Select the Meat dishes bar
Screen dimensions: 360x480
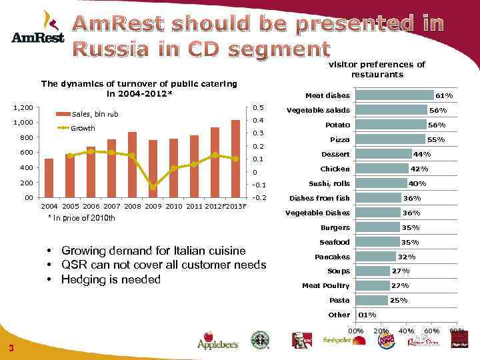pyautogui.click(x=394, y=95)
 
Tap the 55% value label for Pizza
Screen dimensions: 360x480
pyautogui.click(x=435, y=140)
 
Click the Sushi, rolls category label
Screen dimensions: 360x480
pyautogui.click(x=329, y=183)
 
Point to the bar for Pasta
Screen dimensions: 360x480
pyautogui.click(x=371, y=301)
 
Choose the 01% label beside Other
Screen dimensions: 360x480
pyautogui.click(x=367, y=315)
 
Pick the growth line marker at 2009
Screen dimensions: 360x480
pyautogui.click(x=153, y=187)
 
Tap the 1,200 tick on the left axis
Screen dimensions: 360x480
pyautogui.click(x=23, y=107)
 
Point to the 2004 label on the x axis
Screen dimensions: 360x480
pyautogui.click(x=49, y=207)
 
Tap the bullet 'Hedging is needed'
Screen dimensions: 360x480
pyautogui.click(x=110, y=279)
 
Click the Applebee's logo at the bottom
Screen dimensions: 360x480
pyautogui.click(x=217, y=340)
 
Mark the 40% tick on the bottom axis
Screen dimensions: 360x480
pyautogui.click(x=406, y=331)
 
